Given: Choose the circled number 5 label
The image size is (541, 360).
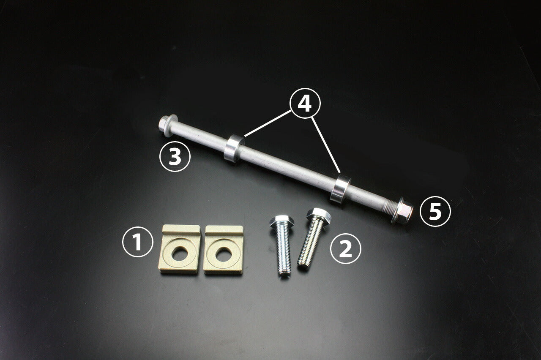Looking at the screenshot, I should tap(435, 212).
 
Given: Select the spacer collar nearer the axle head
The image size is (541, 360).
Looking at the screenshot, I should tap(233, 148).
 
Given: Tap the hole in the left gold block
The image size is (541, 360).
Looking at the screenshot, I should tap(181, 252).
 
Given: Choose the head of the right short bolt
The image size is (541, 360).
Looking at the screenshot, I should tap(318, 215).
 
